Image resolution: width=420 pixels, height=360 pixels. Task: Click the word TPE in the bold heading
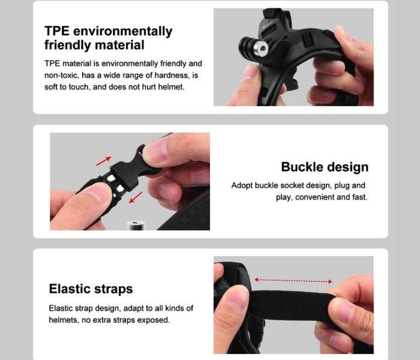click(57, 31)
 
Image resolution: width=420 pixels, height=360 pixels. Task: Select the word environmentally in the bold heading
click(123, 32)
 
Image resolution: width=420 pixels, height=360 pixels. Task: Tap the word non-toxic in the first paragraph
click(62, 75)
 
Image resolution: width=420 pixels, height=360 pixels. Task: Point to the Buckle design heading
click(325, 167)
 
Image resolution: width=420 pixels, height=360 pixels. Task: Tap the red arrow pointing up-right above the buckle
click(104, 161)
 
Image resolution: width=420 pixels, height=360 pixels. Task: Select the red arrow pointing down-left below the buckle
click(136, 197)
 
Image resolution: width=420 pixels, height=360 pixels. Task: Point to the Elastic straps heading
click(91, 289)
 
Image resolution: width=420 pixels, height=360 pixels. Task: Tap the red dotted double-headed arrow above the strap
click(293, 281)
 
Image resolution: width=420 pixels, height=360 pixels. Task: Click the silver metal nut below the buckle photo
click(136, 225)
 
